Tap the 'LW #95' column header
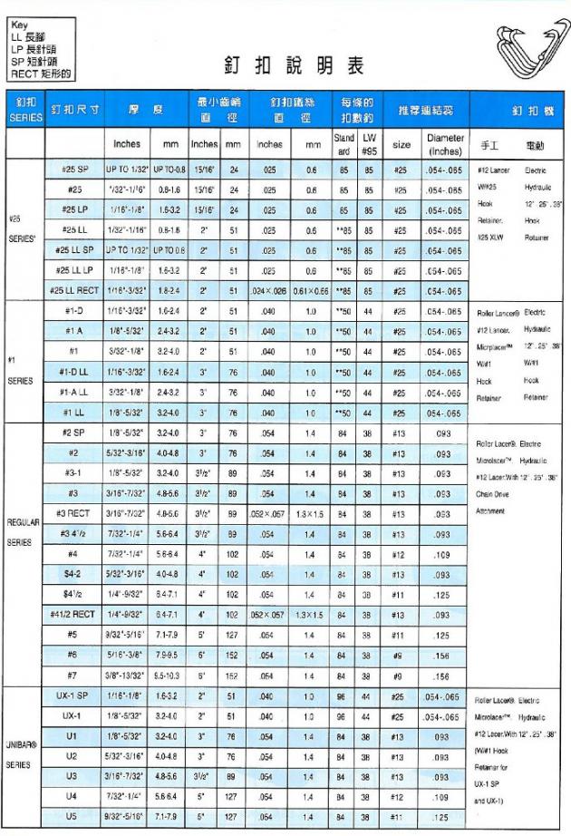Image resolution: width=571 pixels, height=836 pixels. point(369,143)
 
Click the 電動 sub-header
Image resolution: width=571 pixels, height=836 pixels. point(534,144)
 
